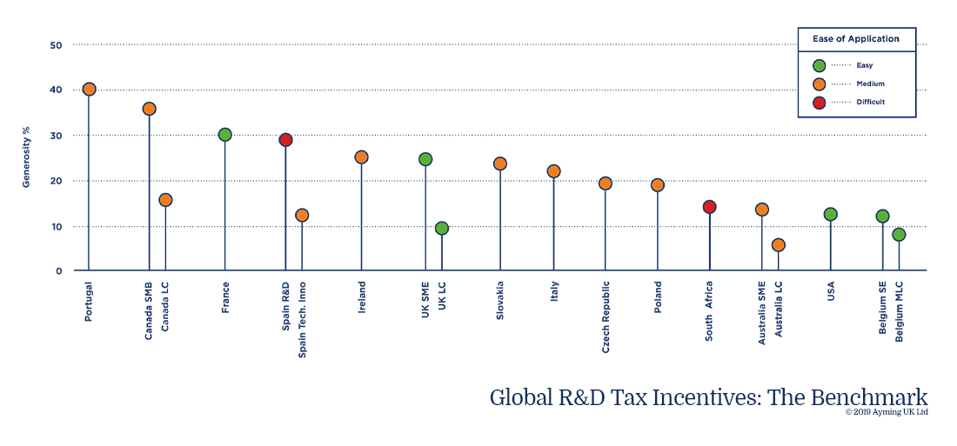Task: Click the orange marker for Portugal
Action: coord(89,90)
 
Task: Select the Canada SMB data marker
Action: coord(149,109)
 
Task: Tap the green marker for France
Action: coord(224,135)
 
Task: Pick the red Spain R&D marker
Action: coord(285,140)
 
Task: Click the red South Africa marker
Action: coord(709,207)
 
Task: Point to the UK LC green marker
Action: coord(442,229)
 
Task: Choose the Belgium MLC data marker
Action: coord(899,235)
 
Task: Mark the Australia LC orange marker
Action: coord(778,245)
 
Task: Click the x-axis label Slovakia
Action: coord(500,301)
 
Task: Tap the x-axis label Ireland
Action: coord(362,297)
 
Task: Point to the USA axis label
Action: coord(831,292)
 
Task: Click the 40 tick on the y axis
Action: coord(56,90)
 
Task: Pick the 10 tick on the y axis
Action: coord(56,226)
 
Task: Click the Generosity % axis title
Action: coord(26,157)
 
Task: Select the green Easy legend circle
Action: coord(819,65)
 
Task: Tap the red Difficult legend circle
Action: coord(819,102)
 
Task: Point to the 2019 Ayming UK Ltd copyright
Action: coord(887,412)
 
